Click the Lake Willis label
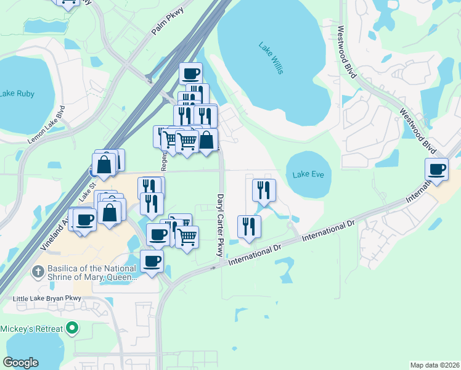(x=271, y=58)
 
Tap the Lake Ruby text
(x=17, y=94)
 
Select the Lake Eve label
(x=308, y=175)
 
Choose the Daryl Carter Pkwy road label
(x=219, y=225)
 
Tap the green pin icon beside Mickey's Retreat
(x=73, y=327)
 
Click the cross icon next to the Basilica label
(x=38, y=271)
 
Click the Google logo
(x=21, y=363)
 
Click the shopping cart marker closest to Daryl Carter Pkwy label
(x=187, y=237)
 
